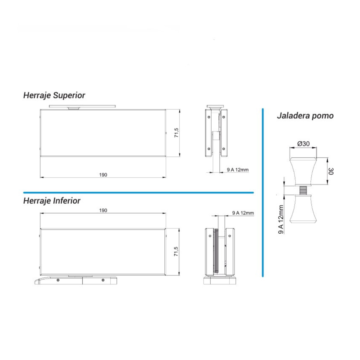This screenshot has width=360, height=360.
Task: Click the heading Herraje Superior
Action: pos(54,95)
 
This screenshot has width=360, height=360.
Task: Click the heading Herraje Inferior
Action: pos(52,201)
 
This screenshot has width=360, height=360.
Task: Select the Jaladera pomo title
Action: pos(305,116)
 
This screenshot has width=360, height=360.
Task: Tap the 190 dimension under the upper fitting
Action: pos(103,175)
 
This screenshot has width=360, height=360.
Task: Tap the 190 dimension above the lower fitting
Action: pos(103,210)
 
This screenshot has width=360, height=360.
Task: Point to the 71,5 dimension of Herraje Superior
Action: pos(176,133)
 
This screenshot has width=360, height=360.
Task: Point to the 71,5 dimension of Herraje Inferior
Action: pos(176,251)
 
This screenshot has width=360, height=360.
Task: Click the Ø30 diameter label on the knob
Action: pos(303,144)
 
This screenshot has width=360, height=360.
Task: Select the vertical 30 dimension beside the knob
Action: pos(331,171)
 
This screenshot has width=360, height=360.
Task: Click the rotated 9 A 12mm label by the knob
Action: pos(281,219)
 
